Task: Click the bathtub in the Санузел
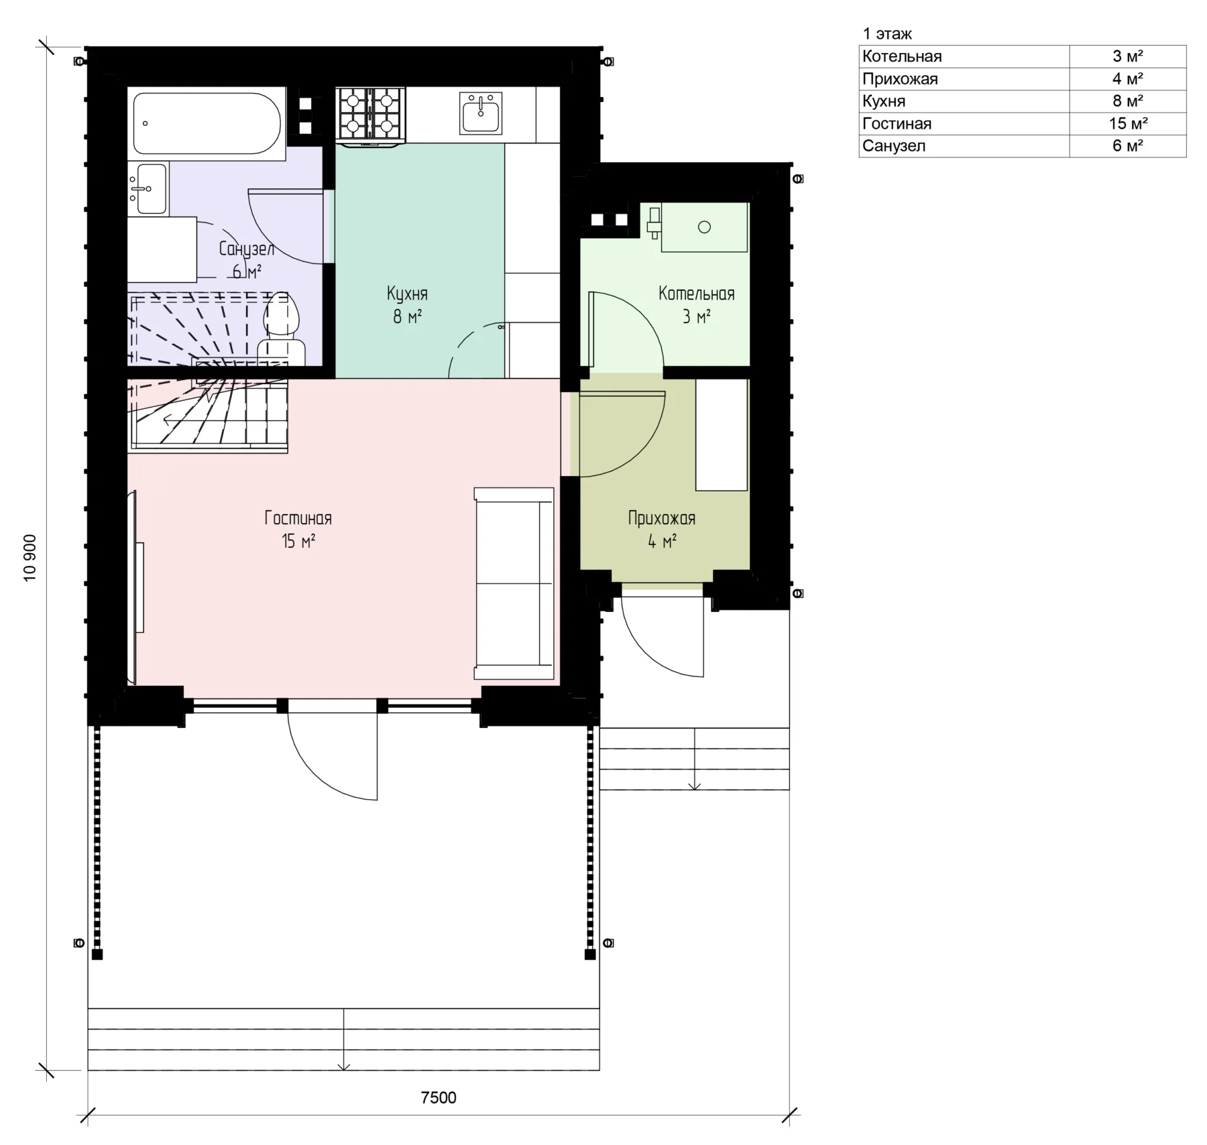pyautogui.click(x=207, y=124)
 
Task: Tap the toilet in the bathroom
pyautogui.click(x=282, y=328)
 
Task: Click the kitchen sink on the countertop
pyautogui.click(x=481, y=113)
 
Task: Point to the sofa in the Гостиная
pyautogui.click(x=514, y=584)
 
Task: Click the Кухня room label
pyautogui.click(x=407, y=304)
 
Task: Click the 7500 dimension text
pyautogui.click(x=439, y=1097)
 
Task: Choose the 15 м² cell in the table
pyautogui.click(x=1128, y=123)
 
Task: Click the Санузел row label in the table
pyautogui.click(x=894, y=146)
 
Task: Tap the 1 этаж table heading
pyautogui.click(x=887, y=34)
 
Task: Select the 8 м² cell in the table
pyautogui.click(x=1128, y=101)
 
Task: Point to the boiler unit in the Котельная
pyautogui.click(x=704, y=227)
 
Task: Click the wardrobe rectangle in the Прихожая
pyautogui.click(x=722, y=435)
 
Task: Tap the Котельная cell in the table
pyautogui.click(x=902, y=56)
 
